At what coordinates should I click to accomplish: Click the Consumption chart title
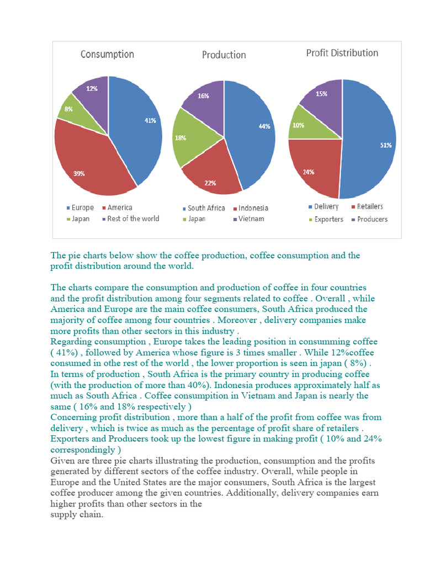click(107, 54)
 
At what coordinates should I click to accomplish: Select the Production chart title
click(224, 55)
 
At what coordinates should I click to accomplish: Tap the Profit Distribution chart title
click(342, 53)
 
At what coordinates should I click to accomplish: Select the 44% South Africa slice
click(251, 132)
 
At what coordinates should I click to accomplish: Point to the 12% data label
click(92, 88)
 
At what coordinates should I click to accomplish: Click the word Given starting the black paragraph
click(62, 461)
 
